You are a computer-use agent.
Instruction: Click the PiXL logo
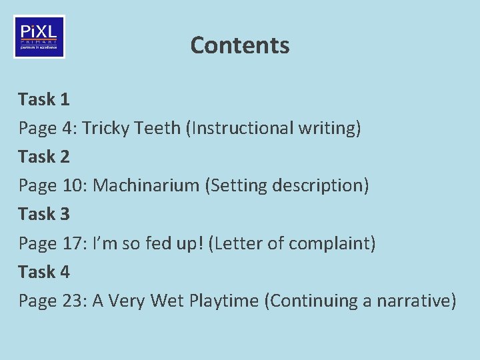(39, 37)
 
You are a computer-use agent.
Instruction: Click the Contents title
(240, 45)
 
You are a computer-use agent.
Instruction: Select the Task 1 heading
(44, 99)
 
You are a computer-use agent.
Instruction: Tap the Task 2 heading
(44, 157)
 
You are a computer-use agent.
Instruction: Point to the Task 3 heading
(44, 214)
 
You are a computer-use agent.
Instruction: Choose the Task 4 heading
(44, 272)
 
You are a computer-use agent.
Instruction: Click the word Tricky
(106, 128)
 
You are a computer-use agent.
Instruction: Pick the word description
(319, 185)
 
